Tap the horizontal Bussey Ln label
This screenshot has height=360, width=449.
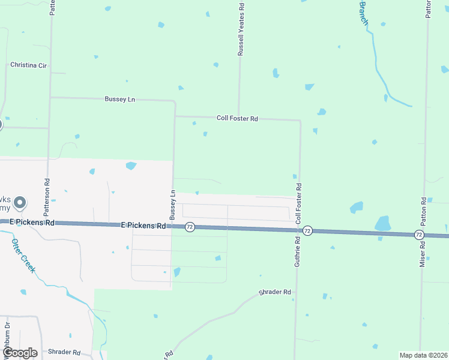[x=119, y=99]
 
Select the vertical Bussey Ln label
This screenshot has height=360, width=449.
[x=172, y=204]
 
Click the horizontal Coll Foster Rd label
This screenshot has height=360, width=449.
[x=237, y=119]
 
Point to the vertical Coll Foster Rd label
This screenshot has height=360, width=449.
[x=298, y=204]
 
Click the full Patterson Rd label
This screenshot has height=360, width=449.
[x=47, y=197]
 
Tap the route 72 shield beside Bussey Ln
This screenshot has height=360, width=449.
[x=190, y=227]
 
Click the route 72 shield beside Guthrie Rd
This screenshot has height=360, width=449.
[x=307, y=230]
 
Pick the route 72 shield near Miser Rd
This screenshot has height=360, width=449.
[x=419, y=235]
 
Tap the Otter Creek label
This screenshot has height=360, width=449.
[x=23, y=256]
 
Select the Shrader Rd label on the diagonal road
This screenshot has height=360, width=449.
[x=275, y=292]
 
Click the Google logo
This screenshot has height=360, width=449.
[x=20, y=353]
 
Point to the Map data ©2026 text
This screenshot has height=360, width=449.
[x=423, y=355]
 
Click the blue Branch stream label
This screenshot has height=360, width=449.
[x=364, y=12]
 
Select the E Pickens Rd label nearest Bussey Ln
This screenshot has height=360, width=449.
[x=143, y=226]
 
